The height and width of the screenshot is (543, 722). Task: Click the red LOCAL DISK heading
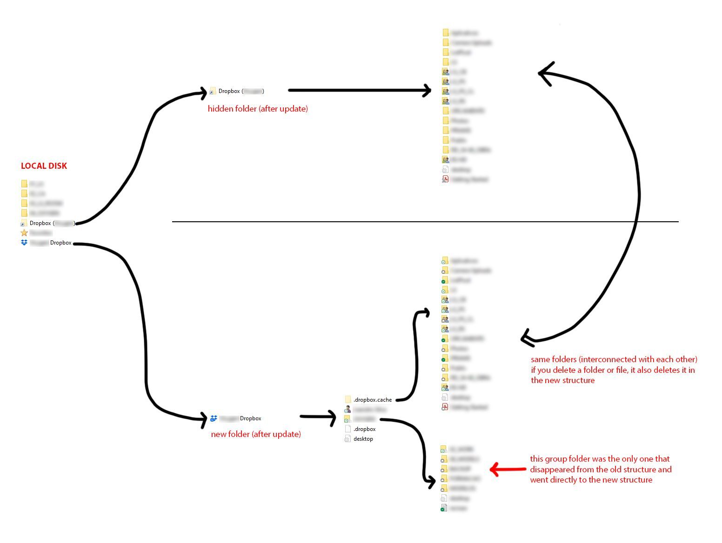pos(44,166)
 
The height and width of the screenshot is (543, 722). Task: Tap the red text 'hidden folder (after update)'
pos(258,109)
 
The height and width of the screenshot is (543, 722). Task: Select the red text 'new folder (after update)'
pos(256,434)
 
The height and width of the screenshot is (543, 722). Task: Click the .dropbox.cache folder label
pos(372,400)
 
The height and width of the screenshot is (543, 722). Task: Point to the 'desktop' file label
pos(363,439)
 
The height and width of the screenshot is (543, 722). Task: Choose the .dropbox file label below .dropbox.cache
pos(364,429)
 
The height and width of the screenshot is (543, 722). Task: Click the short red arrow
pos(508,470)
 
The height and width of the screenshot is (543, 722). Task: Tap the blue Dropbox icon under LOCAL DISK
pos(24,243)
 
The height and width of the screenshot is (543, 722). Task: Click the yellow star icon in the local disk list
pos(24,232)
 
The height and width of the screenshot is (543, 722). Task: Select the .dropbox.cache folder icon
pos(348,400)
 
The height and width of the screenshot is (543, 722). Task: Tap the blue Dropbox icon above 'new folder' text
pos(214,418)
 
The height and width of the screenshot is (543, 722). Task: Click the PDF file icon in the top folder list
pos(445,179)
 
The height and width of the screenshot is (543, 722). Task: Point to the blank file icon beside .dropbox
pos(348,429)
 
